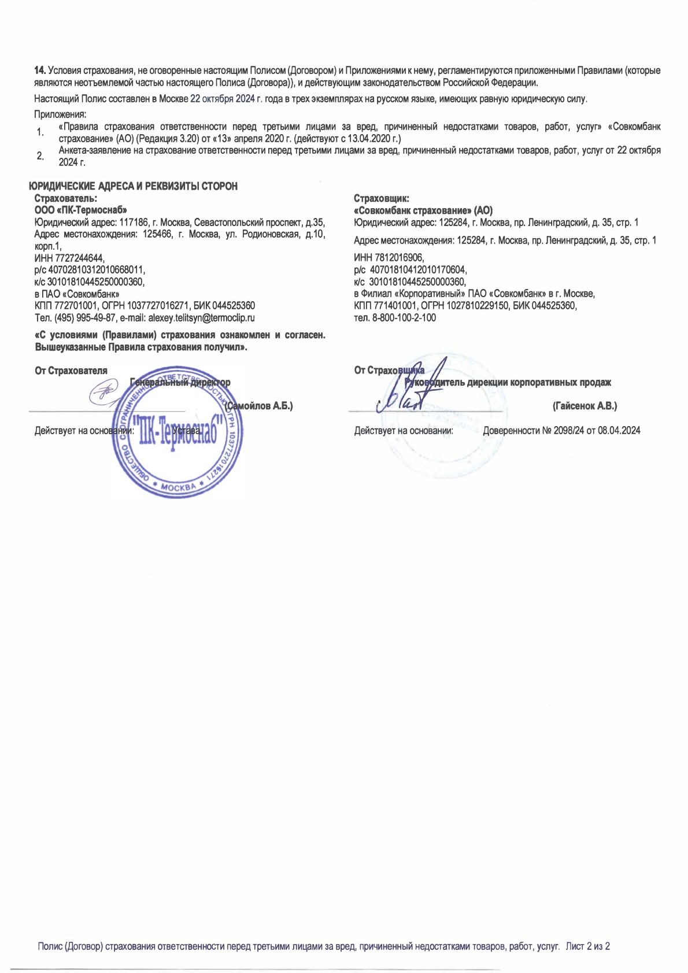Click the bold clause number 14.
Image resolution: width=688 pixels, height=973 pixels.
40,71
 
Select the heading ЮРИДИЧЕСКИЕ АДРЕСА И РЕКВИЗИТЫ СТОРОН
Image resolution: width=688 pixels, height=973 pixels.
134,186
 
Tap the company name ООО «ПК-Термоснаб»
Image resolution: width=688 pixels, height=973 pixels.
80,210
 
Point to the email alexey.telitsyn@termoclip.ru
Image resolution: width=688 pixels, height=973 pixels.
202,318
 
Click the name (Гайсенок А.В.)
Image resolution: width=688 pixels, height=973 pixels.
585,406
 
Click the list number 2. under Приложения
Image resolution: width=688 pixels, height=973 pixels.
40,156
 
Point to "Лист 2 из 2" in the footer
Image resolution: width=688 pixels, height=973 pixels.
588,946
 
